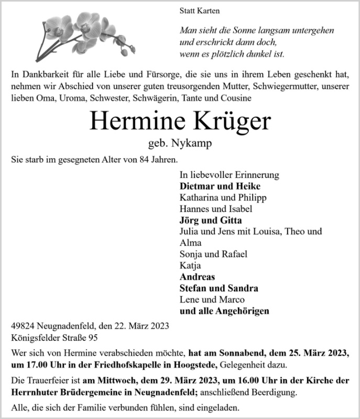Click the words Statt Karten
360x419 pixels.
coord(199,10)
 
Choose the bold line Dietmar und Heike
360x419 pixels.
coord(220,186)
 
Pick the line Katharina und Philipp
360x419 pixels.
coord(223,197)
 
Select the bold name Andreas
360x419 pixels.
coord(197,277)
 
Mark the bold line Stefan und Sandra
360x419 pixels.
coord(219,289)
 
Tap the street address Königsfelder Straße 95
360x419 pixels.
coord(54,338)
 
